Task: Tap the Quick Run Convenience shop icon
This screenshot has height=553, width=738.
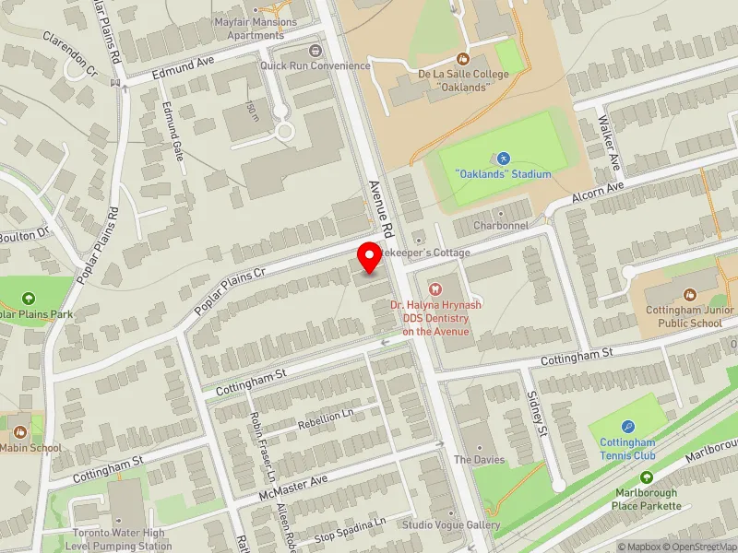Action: click(x=316, y=51)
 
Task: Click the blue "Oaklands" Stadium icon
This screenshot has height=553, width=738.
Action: click(x=503, y=159)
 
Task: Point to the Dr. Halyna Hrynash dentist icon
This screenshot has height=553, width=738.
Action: click(x=435, y=288)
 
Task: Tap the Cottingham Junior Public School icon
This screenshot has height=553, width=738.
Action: click(x=689, y=295)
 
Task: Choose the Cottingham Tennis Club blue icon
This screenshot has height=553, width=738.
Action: click(x=628, y=426)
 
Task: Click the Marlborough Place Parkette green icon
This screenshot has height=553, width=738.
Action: click(x=646, y=477)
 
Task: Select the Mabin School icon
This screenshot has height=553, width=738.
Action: click(x=21, y=431)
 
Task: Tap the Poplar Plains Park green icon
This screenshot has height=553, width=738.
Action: click(x=29, y=298)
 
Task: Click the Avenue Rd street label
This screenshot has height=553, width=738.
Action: click(x=380, y=208)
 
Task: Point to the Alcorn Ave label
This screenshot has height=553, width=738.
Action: click(x=598, y=190)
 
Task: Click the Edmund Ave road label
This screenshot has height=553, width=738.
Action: click(x=184, y=67)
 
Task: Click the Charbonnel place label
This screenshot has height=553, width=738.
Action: click(x=500, y=226)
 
